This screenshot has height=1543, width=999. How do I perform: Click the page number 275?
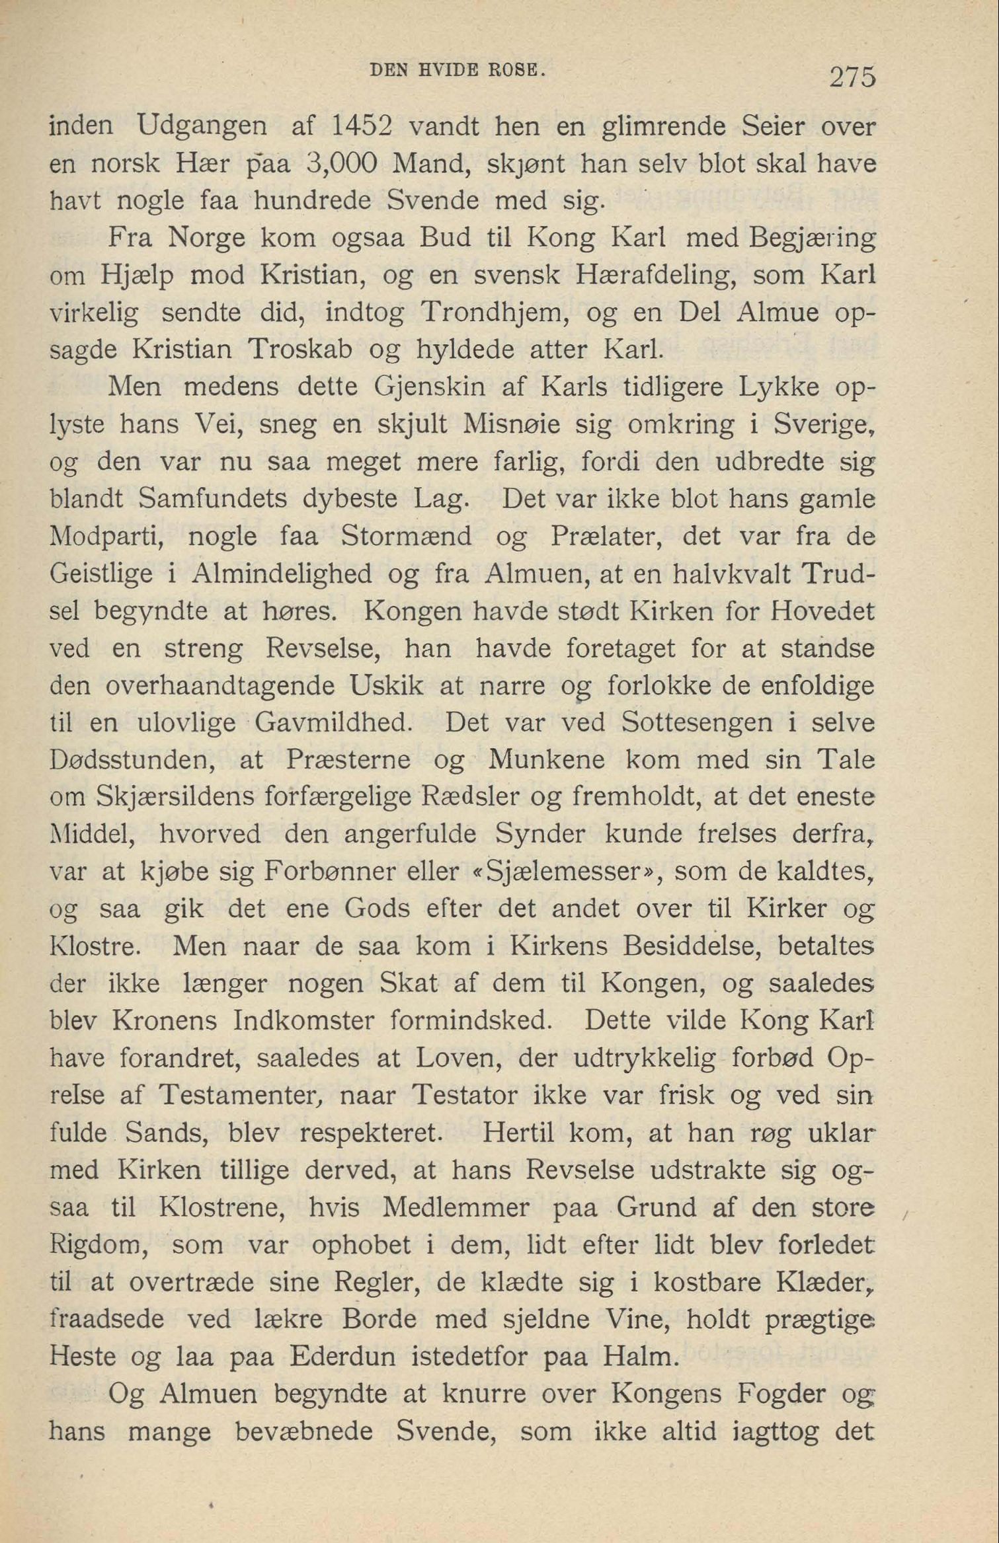coord(852,77)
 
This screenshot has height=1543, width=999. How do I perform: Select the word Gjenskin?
coord(430,387)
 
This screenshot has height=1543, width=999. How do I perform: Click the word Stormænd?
coord(406,536)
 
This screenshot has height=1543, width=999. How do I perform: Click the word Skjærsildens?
coord(174,798)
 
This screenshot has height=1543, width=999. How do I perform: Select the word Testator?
coord(463,1096)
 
